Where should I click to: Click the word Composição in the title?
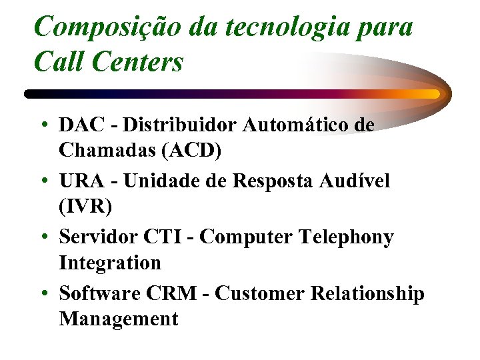pyautogui.click(x=102, y=28)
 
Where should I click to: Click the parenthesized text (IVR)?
pyautogui.click(x=86, y=207)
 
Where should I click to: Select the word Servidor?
pyautogui.click(x=97, y=237)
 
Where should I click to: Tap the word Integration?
pyautogui.click(x=110, y=263)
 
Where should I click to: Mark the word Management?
pyautogui.click(x=119, y=319)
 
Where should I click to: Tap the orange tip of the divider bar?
pyautogui.click(x=433, y=94)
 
